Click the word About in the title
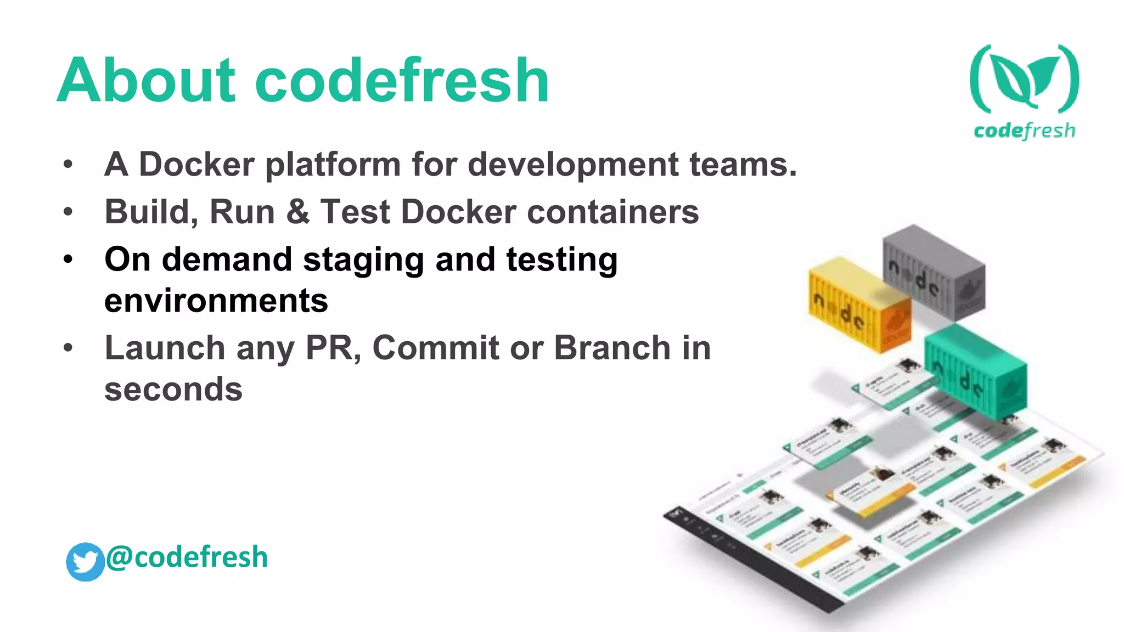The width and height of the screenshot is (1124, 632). (x=147, y=81)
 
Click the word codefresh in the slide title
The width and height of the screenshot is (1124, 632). (x=402, y=81)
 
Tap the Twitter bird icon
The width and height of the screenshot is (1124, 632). (x=85, y=561)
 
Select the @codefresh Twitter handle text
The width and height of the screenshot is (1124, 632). (x=187, y=557)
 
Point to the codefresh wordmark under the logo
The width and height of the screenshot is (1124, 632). (x=1024, y=131)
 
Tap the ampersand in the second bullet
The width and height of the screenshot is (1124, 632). (x=297, y=212)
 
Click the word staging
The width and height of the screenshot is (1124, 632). (x=363, y=260)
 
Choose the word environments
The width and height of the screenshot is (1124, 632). (x=216, y=301)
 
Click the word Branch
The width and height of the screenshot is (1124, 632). (x=612, y=348)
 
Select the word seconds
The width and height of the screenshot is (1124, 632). (x=173, y=390)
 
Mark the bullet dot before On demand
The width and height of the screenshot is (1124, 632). (x=68, y=259)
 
